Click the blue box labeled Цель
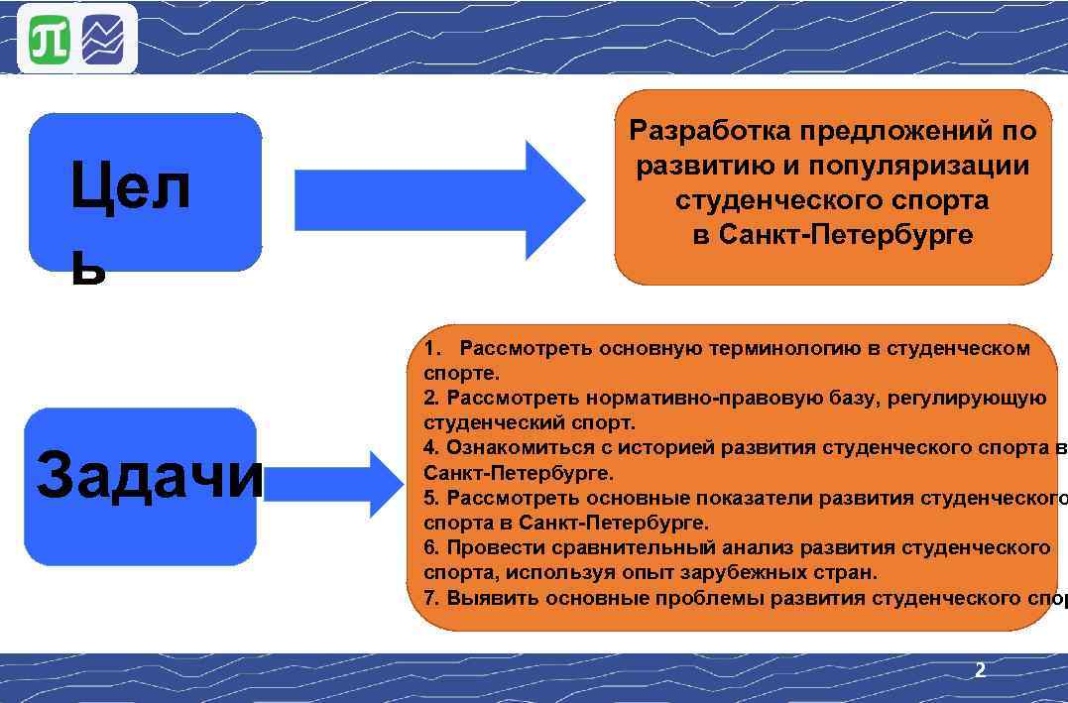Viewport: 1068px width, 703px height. (x=145, y=192)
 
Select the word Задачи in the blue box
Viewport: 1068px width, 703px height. (x=149, y=476)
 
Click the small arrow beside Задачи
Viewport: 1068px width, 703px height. (x=333, y=483)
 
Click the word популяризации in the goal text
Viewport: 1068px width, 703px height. (x=917, y=166)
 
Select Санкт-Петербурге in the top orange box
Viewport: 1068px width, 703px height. (x=846, y=235)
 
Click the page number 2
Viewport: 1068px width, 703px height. (x=980, y=671)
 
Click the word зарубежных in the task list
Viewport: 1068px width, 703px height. (x=746, y=572)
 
